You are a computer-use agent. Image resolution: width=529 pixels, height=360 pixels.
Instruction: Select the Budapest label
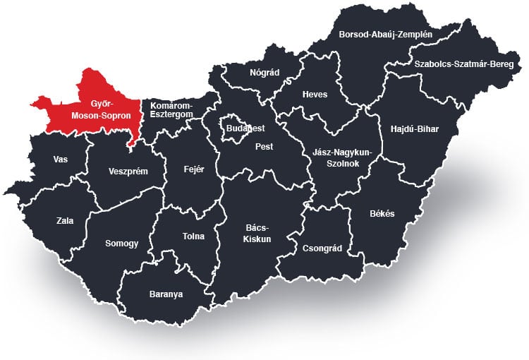pyautogui.click(x=245, y=128)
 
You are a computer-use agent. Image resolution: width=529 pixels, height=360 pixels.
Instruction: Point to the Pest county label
pyautogui.click(x=264, y=147)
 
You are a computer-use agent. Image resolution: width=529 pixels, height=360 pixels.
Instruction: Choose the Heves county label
pyautogui.click(x=315, y=95)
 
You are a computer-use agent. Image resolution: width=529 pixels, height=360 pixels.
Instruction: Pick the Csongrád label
pyautogui.click(x=322, y=248)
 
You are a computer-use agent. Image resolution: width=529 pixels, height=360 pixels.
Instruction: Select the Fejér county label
pyautogui.click(x=193, y=169)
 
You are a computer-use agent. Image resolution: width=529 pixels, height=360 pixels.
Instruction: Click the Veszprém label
pyautogui.click(x=128, y=170)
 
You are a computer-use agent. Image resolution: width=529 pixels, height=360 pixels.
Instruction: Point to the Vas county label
pyautogui.click(x=61, y=159)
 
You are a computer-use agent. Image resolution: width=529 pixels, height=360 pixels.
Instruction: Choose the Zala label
pyautogui.click(x=64, y=220)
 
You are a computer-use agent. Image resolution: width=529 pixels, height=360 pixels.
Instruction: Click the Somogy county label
pyautogui.click(x=121, y=243)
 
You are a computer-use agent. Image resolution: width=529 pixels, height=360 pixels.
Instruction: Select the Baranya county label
pyautogui.click(x=166, y=294)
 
